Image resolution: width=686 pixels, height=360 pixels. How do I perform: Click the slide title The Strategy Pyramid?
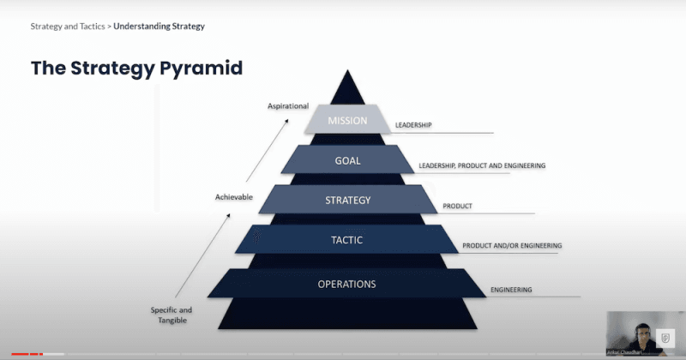coord(136,68)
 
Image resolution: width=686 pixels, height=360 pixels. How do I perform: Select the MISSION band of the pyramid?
coord(347,121)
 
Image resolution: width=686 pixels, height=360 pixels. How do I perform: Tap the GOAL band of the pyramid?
coord(347,160)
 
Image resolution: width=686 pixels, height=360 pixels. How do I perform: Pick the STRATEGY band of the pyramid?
coord(347,201)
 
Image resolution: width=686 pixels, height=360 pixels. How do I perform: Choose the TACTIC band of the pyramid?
coord(347,240)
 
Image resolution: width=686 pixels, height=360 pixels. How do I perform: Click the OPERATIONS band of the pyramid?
coord(347,284)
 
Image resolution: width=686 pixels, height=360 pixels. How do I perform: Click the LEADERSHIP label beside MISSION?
coord(413,125)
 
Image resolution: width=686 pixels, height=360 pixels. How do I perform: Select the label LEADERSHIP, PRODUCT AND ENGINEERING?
coord(482,165)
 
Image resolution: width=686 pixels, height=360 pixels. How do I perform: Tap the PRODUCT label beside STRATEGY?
coord(458,207)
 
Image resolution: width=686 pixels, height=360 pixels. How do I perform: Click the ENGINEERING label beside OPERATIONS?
coord(511,290)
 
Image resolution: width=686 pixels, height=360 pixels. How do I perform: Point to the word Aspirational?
coord(287,106)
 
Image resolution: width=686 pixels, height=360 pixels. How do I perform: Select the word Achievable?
coord(234,197)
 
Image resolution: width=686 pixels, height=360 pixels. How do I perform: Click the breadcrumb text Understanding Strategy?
coord(159,26)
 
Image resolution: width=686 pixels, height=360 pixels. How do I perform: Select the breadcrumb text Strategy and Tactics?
coord(68,26)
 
